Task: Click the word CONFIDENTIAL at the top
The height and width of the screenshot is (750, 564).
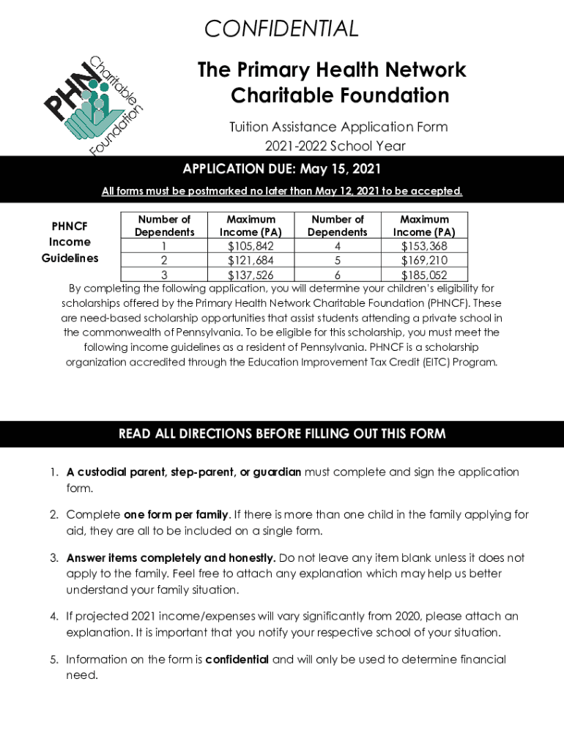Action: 282,29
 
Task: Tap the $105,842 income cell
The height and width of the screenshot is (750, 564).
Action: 251,246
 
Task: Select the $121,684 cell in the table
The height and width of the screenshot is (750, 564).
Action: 251,261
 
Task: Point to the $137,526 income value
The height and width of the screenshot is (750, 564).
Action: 251,275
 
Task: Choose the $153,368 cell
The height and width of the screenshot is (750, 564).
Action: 424,246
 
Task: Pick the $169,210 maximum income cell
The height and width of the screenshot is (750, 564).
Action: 424,261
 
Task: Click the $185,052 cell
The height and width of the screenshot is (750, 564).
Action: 424,275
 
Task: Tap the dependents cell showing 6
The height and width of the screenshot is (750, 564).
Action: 338,275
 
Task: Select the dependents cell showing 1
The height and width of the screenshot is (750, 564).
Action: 164,246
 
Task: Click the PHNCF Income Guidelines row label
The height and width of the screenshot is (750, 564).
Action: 70,242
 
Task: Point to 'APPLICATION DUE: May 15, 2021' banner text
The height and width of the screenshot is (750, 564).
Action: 282,170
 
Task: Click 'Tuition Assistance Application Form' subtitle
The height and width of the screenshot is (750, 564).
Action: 338,127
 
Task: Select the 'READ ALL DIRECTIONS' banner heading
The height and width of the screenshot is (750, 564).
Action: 282,434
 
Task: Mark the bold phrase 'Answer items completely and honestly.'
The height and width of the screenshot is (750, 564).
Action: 171,558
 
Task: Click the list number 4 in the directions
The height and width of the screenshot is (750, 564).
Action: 54,617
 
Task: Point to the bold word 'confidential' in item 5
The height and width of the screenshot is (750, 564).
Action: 237,660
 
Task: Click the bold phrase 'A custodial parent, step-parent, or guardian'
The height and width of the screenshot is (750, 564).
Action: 183,472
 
